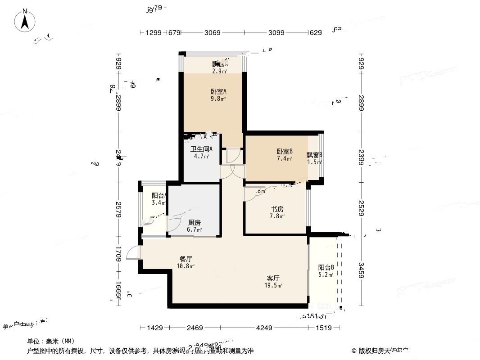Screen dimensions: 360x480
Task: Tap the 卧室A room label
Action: click(218, 91)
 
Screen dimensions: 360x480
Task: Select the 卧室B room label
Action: click(285, 152)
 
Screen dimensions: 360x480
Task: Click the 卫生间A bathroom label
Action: click(201, 149)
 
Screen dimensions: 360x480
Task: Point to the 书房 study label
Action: click(276, 209)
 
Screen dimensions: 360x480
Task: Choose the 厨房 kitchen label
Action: click(195, 222)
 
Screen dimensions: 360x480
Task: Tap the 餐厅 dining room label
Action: click(186, 259)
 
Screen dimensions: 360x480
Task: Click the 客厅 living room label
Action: click(274, 278)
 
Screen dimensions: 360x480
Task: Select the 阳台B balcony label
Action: click(326, 267)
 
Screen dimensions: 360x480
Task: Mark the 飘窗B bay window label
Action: click(315, 155)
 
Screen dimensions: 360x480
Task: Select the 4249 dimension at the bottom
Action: click(264, 328)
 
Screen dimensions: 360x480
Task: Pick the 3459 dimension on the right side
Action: click(361, 270)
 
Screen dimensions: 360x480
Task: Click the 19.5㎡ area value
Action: click(274, 285)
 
